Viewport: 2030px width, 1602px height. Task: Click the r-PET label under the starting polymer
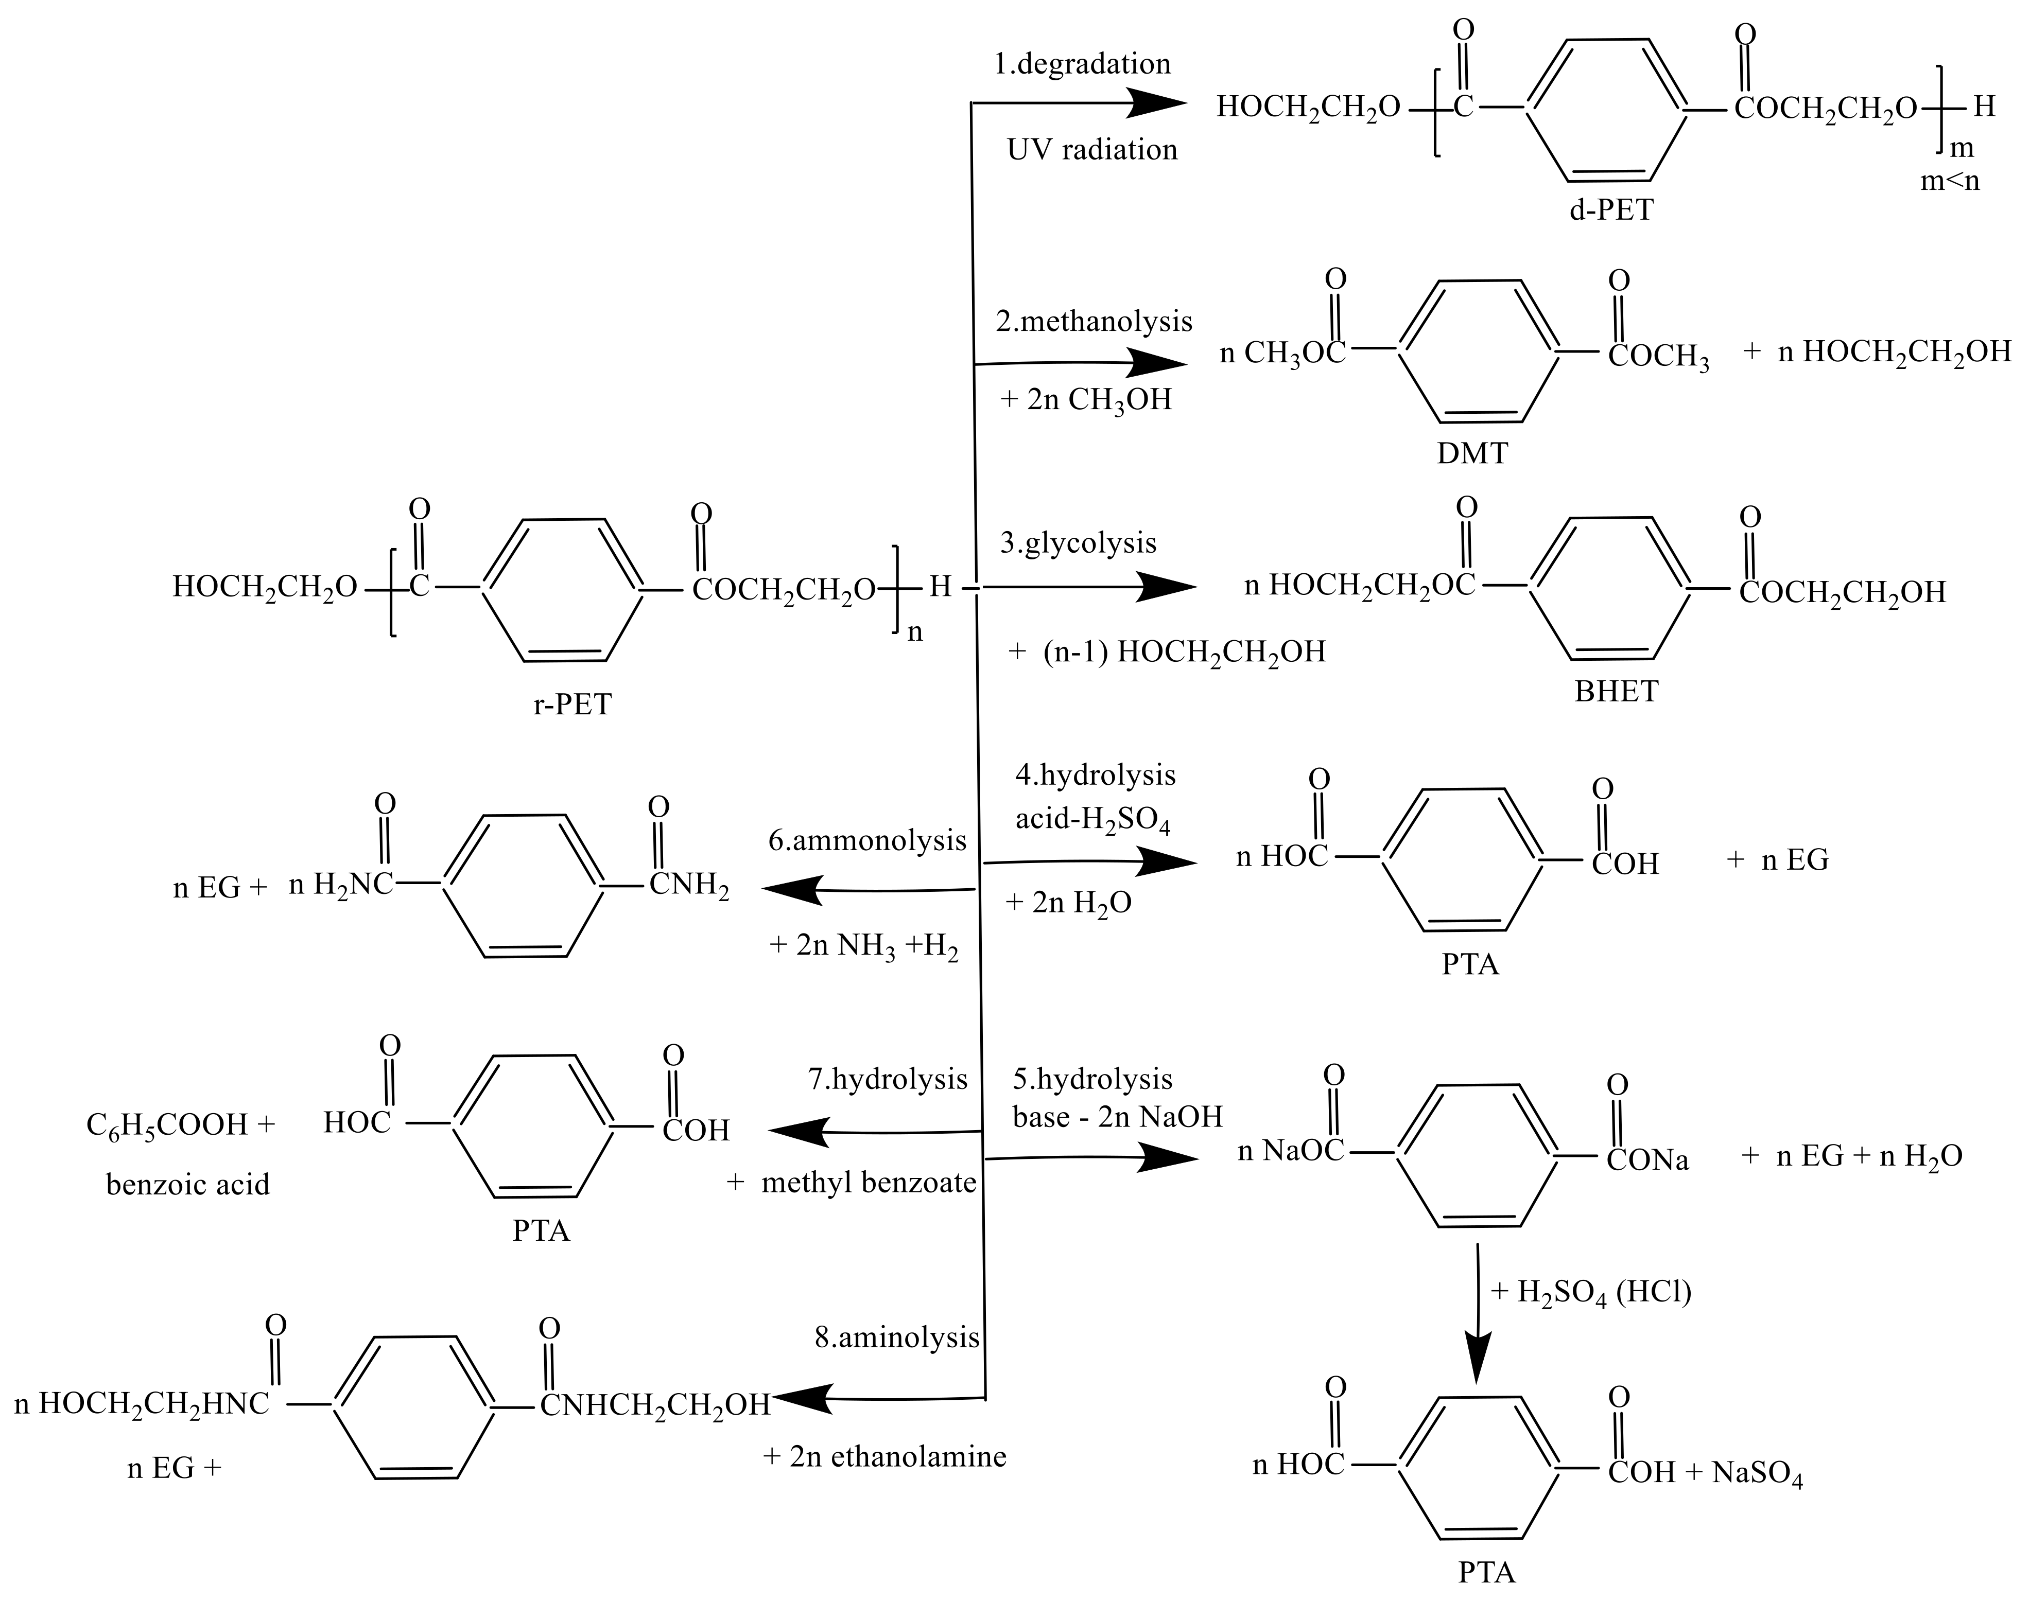[x=572, y=703]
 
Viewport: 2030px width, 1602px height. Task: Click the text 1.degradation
[x=1083, y=64]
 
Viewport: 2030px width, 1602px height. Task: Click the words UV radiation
[x=1092, y=150]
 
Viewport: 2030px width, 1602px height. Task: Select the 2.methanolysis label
[x=1094, y=322]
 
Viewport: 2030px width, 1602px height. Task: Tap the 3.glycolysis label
[x=1078, y=543]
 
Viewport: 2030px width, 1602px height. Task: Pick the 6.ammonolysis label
[x=867, y=840]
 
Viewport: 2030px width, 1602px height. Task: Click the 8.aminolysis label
[x=897, y=1337]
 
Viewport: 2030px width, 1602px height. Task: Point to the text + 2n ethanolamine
[x=884, y=1456]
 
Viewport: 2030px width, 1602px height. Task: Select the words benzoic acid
[x=187, y=1185]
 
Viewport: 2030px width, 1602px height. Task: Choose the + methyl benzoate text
[x=852, y=1183]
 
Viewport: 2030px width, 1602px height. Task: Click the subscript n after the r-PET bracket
[x=915, y=632]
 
